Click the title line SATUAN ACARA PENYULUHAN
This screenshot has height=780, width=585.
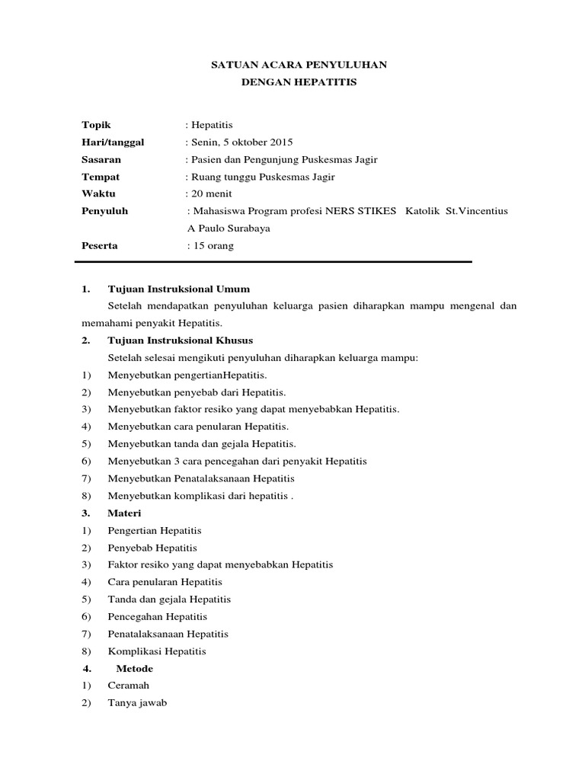click(299, 66)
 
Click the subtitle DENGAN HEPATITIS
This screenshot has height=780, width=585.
click(299, 83)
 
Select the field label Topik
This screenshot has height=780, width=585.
click(97, 125)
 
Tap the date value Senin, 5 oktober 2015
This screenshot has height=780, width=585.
click(238, 142)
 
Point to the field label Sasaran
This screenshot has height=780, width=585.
click(101, 160)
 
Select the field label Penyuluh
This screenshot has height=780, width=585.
click(104, 211)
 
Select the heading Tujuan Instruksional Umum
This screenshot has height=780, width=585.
click(179, 289)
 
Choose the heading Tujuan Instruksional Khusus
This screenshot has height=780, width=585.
click(181, 340)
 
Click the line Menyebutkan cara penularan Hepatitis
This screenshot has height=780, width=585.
click(198, 427)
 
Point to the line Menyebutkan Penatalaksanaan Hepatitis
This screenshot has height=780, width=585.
click(201, 478)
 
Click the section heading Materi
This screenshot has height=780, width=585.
click(124, 513)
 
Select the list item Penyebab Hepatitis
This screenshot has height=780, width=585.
click(152, 548)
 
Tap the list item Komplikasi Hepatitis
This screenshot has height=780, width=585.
click(157, 651)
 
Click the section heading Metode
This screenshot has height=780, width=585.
click(134, 669)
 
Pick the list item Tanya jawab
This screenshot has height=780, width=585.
click(137, 703)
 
